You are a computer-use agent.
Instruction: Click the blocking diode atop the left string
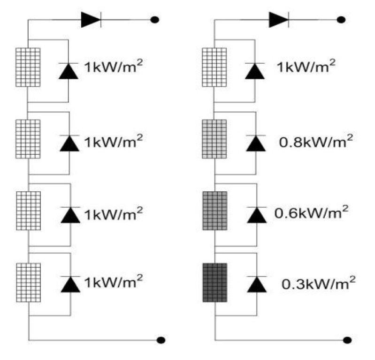click(x=91, y=19)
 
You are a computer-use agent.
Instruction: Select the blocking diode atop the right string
click(x=278, y=19)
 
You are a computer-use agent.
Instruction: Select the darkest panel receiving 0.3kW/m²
click(x=214, y=283)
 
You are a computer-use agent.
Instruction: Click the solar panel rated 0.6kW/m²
click(x=214, y=211)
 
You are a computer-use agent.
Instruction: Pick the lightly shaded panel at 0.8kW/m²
click(x=214, y=139)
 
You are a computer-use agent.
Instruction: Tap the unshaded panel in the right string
click(x=214, y=67)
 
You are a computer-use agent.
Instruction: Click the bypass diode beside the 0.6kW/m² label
click(x=256, y=214)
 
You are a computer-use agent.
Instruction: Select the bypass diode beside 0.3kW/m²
click(x=256, y=284)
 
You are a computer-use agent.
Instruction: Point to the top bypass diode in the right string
click(x=256, y=70)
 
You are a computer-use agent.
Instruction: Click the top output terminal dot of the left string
click(x=154, y=20)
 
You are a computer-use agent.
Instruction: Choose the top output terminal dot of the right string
click(x=342, y=20)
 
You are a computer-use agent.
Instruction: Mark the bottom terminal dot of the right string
click(x=348, y=339)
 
